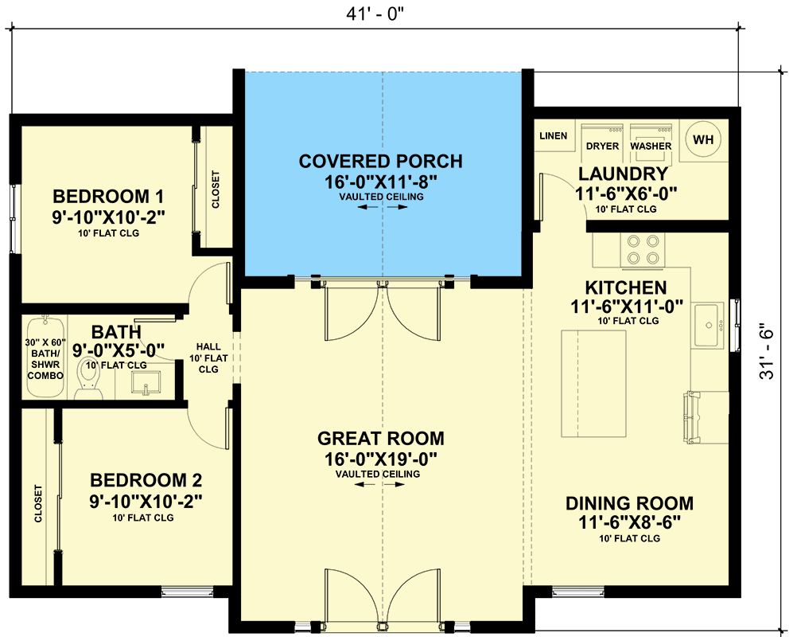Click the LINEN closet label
(553, 136)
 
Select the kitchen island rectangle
(593, 381)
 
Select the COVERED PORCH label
(380, 162)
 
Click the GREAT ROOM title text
(380, 439)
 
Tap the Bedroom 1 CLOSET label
(216, 190)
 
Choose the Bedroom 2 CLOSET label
(37, 503)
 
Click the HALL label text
(208, 347)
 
